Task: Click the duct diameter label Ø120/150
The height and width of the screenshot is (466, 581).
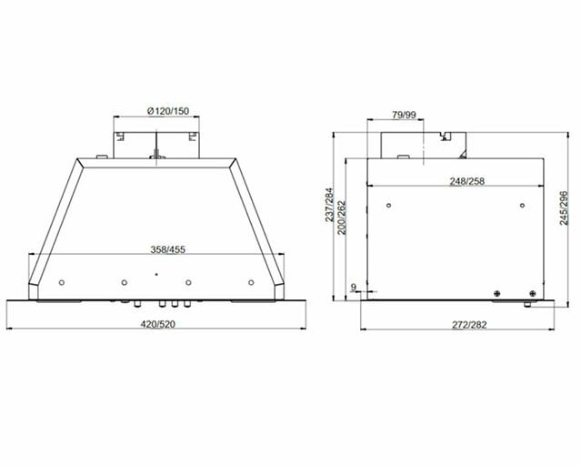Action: pos(156,111)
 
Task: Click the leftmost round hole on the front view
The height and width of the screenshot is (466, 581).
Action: pos(61,281)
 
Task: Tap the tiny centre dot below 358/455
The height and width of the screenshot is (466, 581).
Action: pos(155,273)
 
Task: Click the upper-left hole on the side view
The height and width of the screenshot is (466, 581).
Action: pos(388,205)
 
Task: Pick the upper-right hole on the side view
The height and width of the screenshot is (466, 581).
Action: pos(525,205)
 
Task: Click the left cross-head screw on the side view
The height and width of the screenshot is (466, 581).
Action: pos(497,292)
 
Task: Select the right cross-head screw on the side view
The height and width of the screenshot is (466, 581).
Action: pos(532,292)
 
